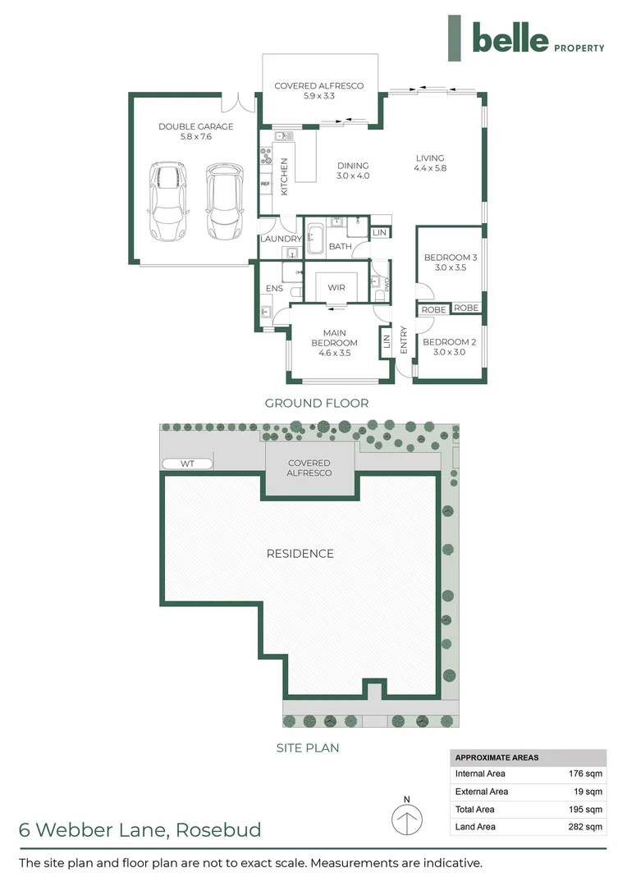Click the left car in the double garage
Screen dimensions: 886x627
pos(168,201)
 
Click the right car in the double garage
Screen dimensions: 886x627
pos(224,201)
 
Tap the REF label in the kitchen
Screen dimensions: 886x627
pos(265,184)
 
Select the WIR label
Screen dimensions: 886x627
pos(336,288)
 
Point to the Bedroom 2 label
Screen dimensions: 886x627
pos(450,342)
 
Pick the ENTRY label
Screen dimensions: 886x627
pos(404,340)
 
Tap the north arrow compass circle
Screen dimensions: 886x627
pos(406,820)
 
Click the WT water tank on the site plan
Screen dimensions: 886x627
pos(187,464)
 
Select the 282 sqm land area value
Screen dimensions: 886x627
pos(586,827)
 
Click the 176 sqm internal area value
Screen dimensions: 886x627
pos(586,774)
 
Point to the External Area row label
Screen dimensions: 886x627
pos(482,792)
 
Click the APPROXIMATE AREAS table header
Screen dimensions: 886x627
pos(497,757)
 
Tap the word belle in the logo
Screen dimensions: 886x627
pos(510,38)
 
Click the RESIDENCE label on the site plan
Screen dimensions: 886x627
pos(300,554)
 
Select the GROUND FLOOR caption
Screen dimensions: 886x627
pos(316,403)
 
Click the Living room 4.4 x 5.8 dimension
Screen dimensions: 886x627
pos(429,169)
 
